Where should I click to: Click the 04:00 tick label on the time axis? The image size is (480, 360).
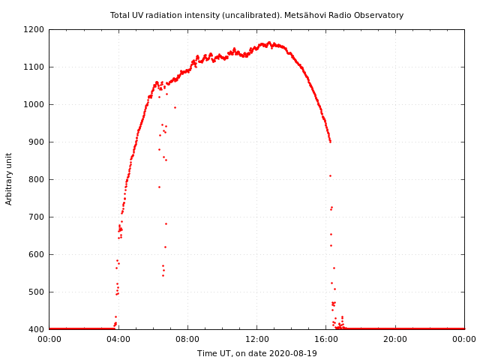point(118,339)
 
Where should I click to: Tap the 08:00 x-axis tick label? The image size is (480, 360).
point(187,339)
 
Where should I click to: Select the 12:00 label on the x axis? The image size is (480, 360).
point(256,339)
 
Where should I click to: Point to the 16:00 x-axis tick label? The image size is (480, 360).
point(326,339)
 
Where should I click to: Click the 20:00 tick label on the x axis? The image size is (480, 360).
point(395,339)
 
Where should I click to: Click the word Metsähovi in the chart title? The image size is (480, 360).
point(304,15)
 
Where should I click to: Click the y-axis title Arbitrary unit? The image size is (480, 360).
point(10,179)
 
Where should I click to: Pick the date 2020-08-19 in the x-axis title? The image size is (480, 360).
point(292,353)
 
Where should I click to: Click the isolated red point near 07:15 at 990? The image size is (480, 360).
point(175,107)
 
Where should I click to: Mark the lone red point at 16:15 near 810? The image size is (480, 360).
point(330,175)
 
